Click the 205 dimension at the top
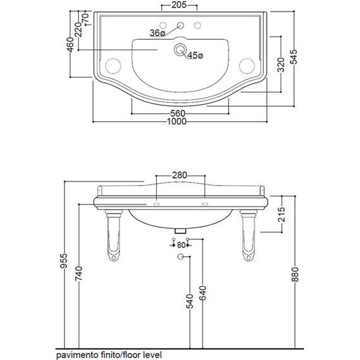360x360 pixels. [179, 5]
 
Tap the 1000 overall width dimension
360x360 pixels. [177, 121]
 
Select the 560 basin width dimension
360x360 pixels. [177, 113]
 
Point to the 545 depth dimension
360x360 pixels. [294, 57]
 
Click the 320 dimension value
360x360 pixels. [281, 65]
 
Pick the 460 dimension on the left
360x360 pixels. [71, 45]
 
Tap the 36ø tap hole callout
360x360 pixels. [157, 33]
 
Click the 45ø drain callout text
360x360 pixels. [195, 56]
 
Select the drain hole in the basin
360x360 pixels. [179, 49]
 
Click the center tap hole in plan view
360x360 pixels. [181, 25]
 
